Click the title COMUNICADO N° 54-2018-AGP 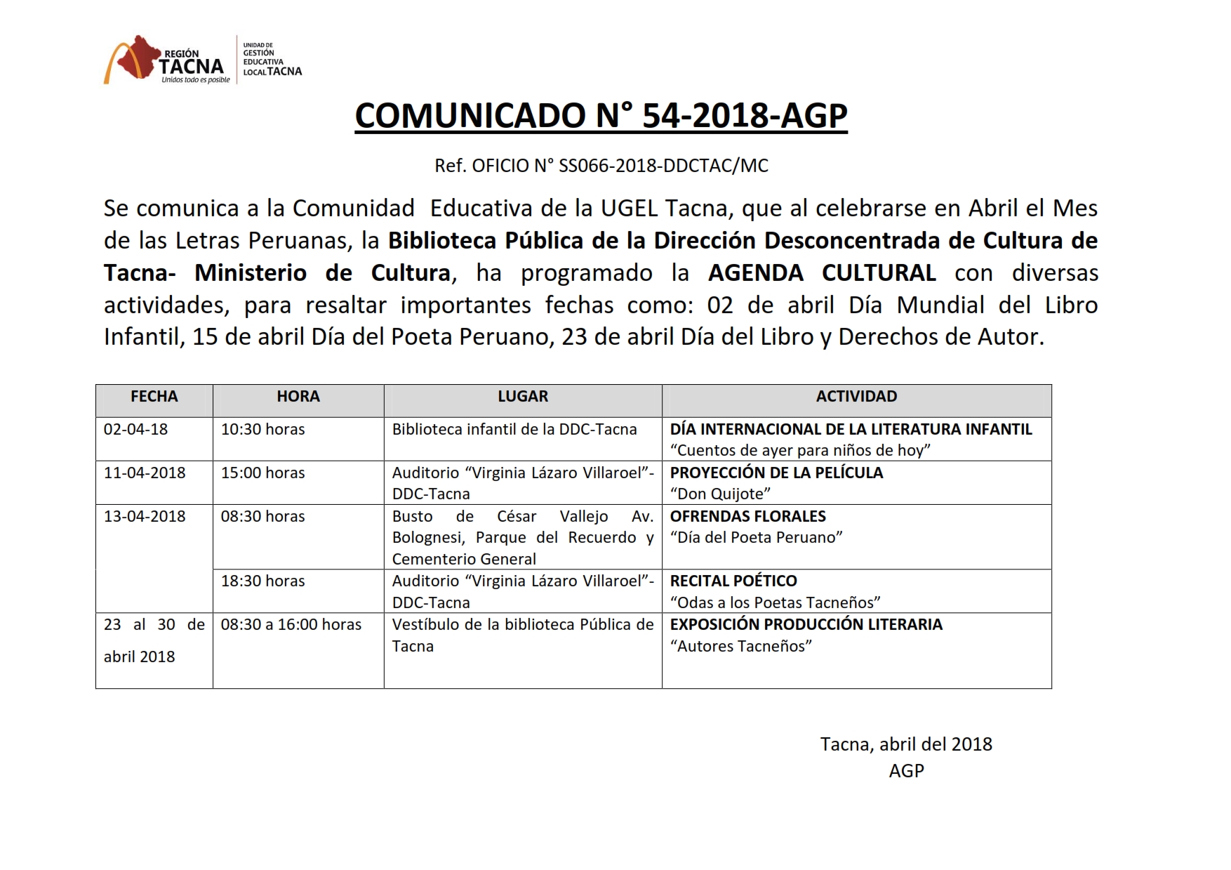601,116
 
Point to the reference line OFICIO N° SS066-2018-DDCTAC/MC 601,166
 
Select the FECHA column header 154,397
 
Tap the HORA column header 298,397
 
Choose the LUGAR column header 523,397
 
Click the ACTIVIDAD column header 856,397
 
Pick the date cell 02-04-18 136,430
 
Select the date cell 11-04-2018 145,473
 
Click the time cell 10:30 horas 263,430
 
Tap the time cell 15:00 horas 263,473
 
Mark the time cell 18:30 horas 263,581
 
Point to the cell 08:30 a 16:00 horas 291,625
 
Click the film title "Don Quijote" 720,494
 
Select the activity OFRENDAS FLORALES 748,517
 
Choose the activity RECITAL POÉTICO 733,581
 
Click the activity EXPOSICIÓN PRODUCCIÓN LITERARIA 806,625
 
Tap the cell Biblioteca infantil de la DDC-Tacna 514,430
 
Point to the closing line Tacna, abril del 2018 906,744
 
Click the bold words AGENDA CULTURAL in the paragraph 822,273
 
